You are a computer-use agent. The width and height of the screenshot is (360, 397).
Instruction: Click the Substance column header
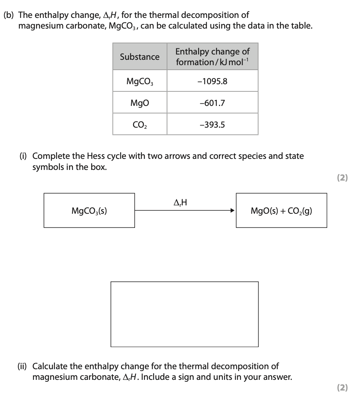[x=140, y=57]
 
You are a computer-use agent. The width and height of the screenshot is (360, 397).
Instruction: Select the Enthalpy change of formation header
[x=212, y=57]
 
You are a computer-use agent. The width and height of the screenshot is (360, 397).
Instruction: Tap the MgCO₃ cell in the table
[x=140, y=81]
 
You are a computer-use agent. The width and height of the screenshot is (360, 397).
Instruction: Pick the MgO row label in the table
[x=140, y=103]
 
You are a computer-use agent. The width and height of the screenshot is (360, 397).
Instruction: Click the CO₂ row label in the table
[x=140, y=124]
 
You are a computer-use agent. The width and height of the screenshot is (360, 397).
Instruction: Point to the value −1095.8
[x=212, y=81]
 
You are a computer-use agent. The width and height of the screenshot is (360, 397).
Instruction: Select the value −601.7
[x=212, y=103]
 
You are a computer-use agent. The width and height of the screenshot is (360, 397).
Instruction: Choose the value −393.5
[x=212, y=124]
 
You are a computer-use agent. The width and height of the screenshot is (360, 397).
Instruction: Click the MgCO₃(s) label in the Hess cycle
[x=89, y=211]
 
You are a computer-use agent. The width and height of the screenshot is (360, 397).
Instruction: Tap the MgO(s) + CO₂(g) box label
[x=281, y=211]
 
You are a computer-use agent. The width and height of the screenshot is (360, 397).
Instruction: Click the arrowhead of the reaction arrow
[x=231, y=210]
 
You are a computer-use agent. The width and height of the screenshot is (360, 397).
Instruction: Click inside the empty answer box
[x=184, y=314]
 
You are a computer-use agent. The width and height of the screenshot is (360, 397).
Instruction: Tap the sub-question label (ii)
[x=24, y=367]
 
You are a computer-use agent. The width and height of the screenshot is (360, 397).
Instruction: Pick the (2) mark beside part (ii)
[x=342, y=388]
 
